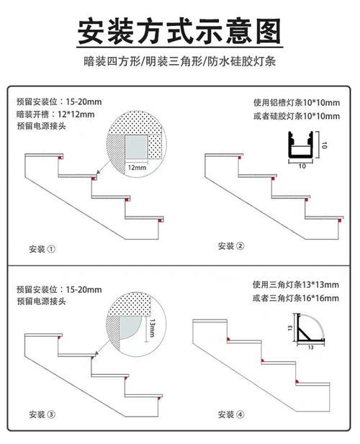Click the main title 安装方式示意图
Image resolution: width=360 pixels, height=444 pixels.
point(179,31)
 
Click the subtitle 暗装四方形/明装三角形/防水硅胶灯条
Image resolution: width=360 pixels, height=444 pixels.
point(179,61)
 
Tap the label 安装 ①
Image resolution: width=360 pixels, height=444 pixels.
point(42,249)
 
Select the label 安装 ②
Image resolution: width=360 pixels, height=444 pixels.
point(231,246)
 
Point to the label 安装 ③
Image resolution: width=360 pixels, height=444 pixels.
point(42,414)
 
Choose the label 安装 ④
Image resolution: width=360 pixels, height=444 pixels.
point(231,414)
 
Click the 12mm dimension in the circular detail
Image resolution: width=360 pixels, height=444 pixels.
point(137,168)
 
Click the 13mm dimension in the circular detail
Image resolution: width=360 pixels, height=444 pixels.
point(152,328)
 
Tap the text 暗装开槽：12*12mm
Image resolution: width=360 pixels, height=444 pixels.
point(55,114)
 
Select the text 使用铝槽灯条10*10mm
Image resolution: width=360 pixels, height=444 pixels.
point(297,102)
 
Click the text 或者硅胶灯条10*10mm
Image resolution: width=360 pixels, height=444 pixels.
point(297,116)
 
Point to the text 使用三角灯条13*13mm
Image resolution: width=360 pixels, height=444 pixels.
point(296,284)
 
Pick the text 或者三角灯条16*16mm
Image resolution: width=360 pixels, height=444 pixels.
point(296,298)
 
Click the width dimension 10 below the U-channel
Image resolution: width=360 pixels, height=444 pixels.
point(302,166)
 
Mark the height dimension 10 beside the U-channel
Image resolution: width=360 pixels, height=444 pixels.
point(324,145)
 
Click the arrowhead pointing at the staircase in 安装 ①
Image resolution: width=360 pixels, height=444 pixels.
point(98,171)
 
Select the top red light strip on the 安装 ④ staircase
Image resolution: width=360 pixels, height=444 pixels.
point(228,339)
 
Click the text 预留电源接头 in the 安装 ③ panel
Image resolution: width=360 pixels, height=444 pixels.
point(41,302)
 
